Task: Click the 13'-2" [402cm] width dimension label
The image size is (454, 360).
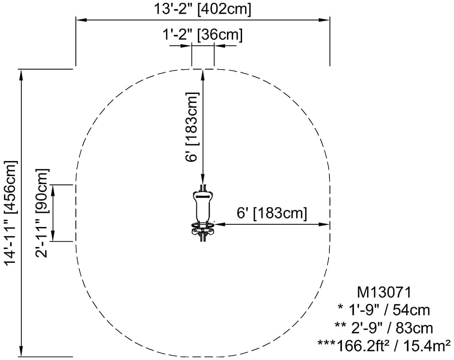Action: (x=202, y=9)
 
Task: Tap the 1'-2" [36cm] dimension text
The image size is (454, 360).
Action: (x=202, y=35)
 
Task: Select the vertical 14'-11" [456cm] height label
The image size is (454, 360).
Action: (x=11, y=212)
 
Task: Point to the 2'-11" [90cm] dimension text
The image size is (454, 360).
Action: (x=42, y=213)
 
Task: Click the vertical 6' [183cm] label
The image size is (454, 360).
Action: (x=192, y=127)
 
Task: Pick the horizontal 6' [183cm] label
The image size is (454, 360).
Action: (x=272, y=213)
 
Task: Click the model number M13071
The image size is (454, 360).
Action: (x=384, y=292)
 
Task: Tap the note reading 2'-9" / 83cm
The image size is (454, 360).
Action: (x=384, y=328)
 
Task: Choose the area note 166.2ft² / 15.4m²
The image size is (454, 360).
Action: (x=394, y=345)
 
